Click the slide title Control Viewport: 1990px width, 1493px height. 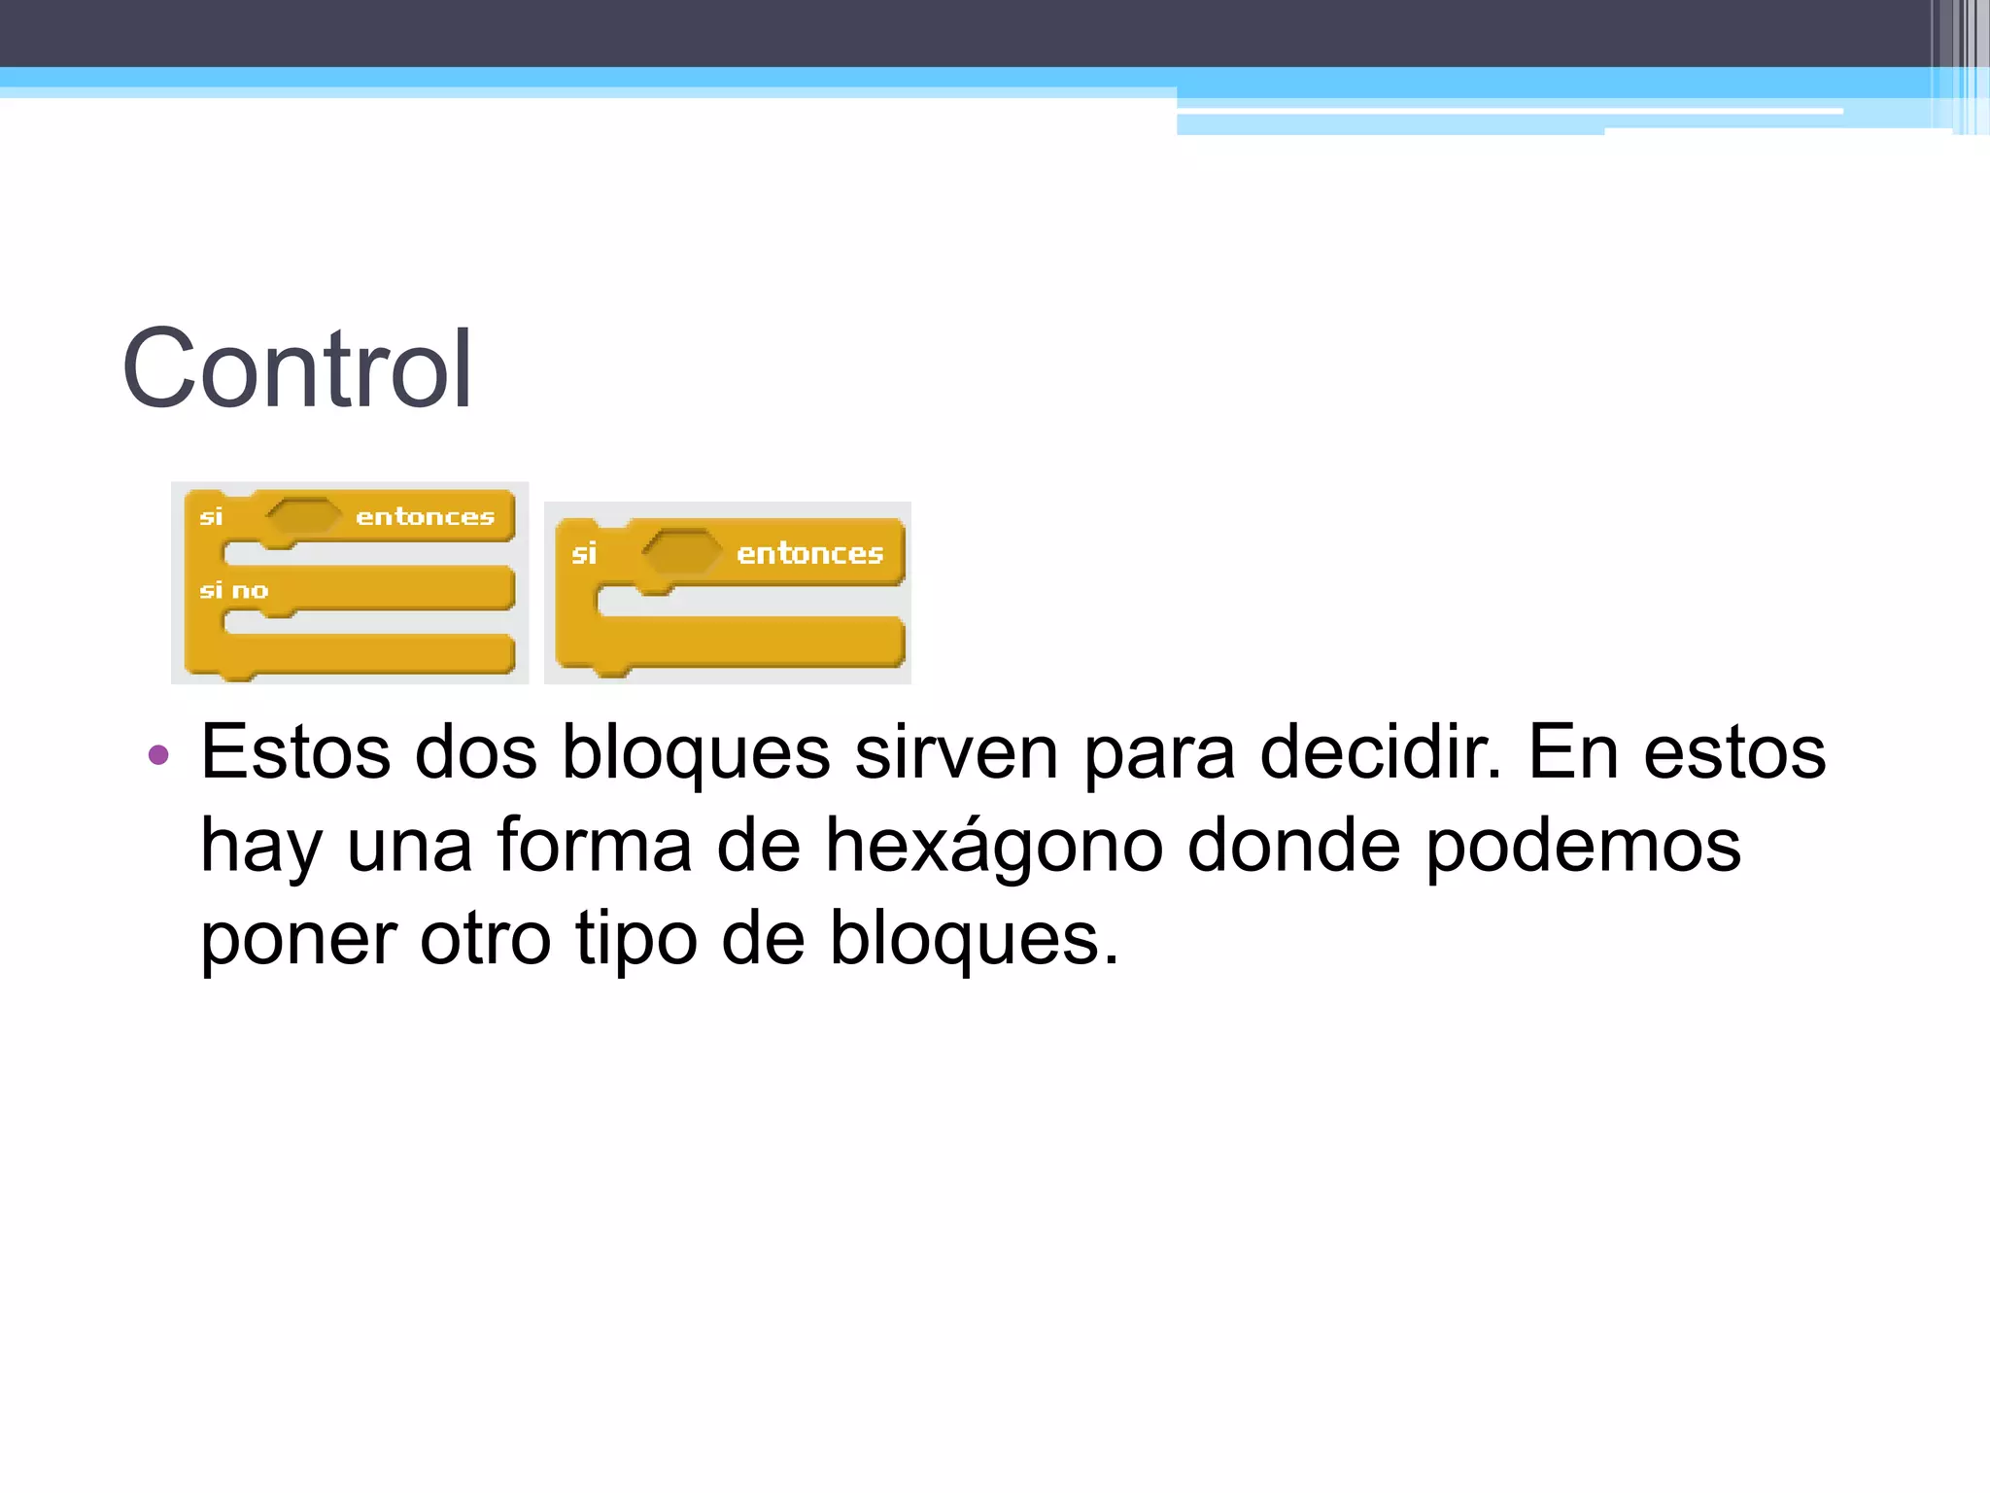[296, 369]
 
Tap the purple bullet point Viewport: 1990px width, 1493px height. [158, 754]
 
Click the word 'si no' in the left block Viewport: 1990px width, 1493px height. [233, 590]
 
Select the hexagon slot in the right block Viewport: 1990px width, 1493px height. [682, 552]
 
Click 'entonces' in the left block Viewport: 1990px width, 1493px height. [425, 516]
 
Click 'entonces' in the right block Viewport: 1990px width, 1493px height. [809, 553]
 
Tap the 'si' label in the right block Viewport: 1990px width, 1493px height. [583, 553]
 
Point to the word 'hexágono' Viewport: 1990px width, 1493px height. [993, 846]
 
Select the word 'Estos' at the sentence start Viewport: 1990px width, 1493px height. [295, 752]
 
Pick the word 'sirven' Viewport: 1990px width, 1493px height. [956, 752]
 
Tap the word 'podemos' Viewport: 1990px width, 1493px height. [1583, 846]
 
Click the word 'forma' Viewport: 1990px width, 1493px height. [595, 846]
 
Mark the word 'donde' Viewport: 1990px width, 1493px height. [1293, 846]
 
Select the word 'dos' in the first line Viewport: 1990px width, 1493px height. [476, 752]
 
